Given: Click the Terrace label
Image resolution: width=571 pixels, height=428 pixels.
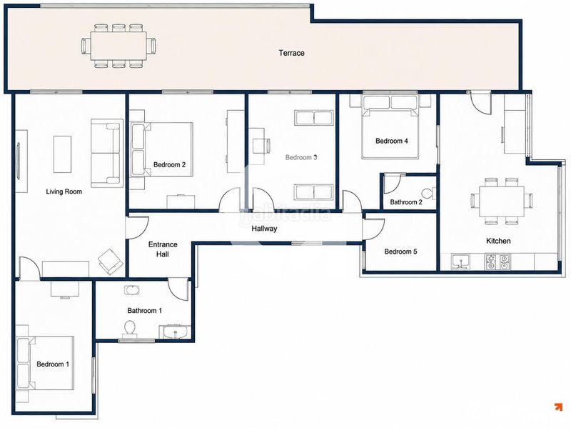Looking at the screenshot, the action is (291, 53).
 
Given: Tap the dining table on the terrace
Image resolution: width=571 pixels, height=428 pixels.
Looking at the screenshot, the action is (118, 46).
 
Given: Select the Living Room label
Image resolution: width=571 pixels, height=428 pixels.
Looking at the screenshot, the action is (64, 191).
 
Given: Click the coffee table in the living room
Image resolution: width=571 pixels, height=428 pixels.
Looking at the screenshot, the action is (62, 154).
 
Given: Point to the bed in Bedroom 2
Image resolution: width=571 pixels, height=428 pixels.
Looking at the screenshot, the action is (162, 149).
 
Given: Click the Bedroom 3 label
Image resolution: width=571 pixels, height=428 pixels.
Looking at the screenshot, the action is (300, 157).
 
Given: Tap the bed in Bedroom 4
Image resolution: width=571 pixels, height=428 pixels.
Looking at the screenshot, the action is (390, 127).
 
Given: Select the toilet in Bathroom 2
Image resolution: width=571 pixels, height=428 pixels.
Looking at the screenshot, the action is (428, 193).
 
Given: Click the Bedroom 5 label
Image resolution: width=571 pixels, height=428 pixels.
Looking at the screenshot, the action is (400, 252).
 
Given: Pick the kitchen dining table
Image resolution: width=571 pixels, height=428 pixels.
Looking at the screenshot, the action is (502, 201).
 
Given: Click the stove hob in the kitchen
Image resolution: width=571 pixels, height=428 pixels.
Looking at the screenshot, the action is (497, 262).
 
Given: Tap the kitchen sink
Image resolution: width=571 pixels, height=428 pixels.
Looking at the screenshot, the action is (460, 262).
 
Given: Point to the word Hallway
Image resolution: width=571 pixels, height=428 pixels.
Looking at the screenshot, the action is (264, 229).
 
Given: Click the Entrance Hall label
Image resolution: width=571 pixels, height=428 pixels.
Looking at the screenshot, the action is (163, 249).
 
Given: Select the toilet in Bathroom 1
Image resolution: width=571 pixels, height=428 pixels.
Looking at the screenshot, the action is (130, 328).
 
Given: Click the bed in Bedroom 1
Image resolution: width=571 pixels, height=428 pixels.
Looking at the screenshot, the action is (45, 363).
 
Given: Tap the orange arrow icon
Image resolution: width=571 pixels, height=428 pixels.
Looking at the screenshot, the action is (558, 407).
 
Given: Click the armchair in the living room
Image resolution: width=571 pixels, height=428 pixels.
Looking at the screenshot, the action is (111, 262).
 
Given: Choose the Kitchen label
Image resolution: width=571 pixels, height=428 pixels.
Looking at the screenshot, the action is (498, 241).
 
